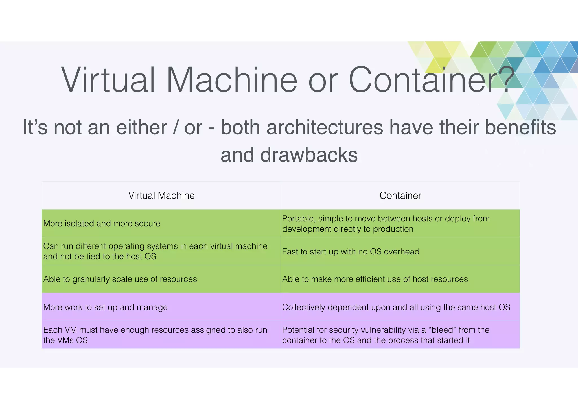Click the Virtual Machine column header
click(x=161, y=195)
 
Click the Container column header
click(x=400, y=195)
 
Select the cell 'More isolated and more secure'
click(x=102, y=223)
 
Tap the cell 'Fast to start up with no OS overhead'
click(x=351, y=251)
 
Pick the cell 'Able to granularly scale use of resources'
click(x=120, y=279)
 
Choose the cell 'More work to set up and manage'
click(x=106, y=307)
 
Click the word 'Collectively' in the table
click(x=304, y=307)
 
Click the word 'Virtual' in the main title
click(x=108, y=80)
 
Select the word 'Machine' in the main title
click(x=232, y=80)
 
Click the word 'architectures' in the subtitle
click(x=325, y=127)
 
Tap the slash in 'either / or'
click(x=176, y=127)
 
